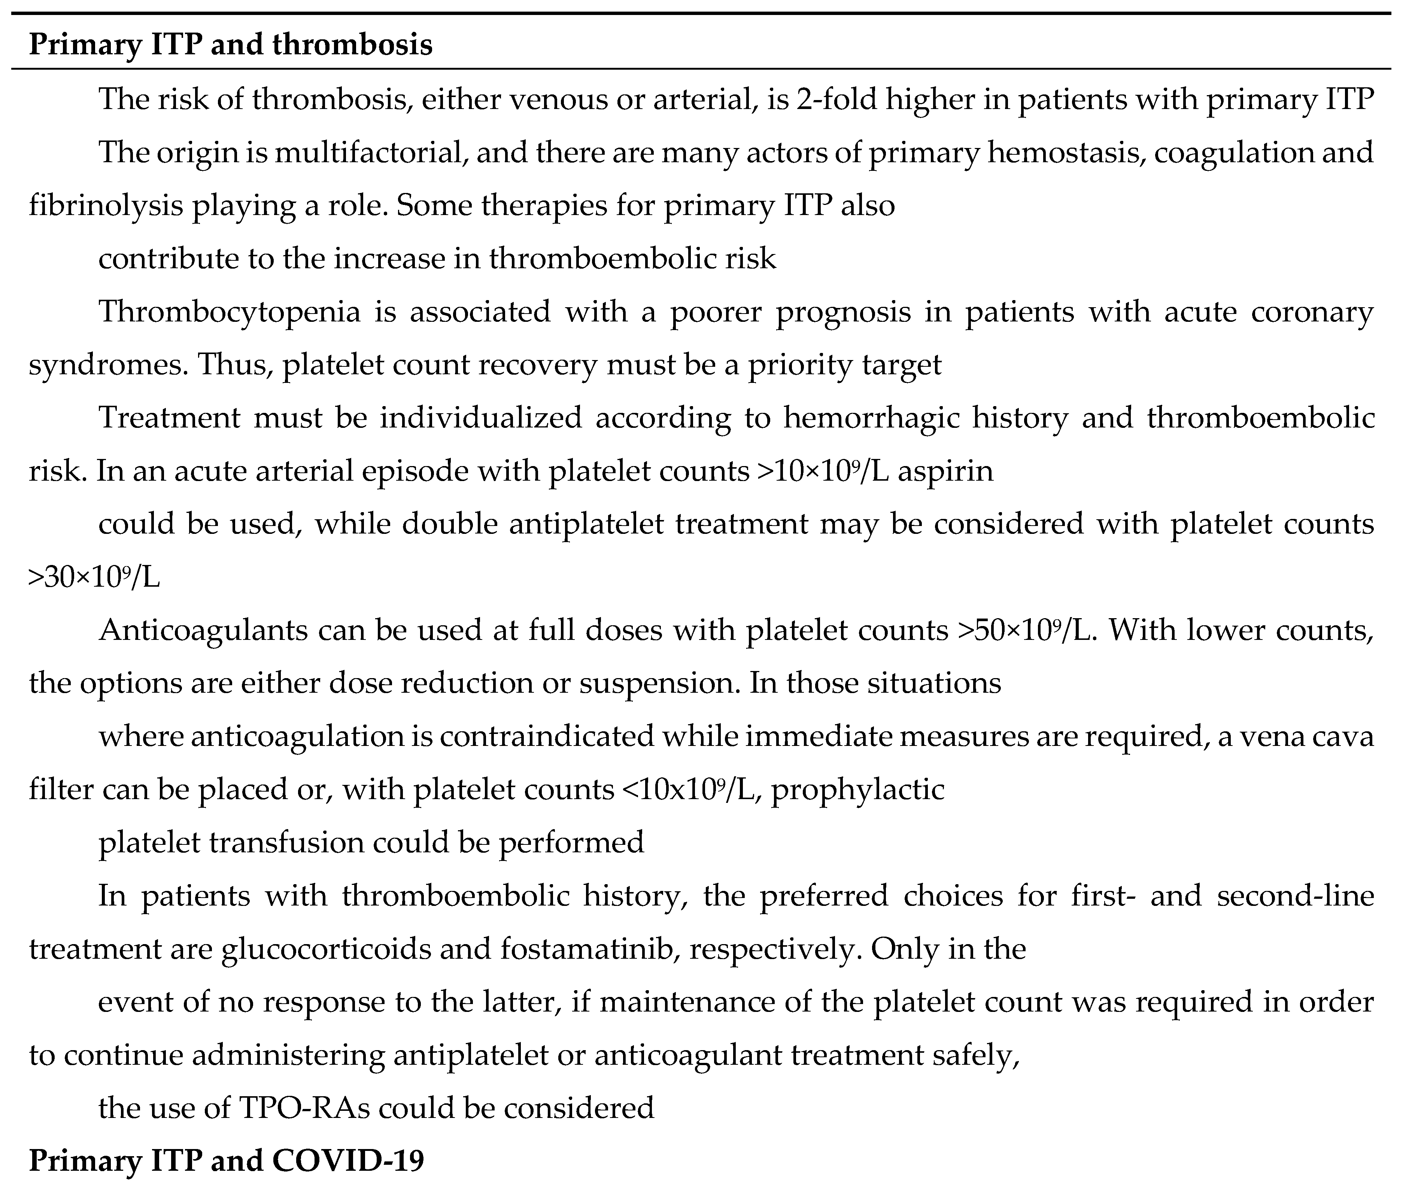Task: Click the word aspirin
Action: [x=946, y=470]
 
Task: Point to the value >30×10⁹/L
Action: [x=94, y=577]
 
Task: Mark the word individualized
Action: [x=480, y=418]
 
